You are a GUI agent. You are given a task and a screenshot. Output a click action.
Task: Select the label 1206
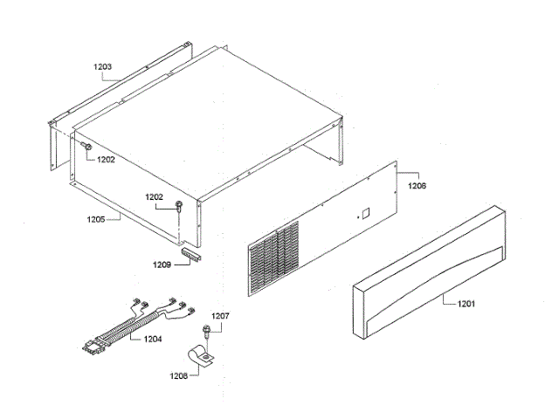[x=418, y=186]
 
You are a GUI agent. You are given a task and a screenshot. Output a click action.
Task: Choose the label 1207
[x=220, y=315]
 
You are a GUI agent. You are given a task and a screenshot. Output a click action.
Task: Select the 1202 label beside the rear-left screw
[x=106, y=160]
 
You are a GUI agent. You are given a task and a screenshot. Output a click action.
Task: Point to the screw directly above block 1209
[x=179, y=206]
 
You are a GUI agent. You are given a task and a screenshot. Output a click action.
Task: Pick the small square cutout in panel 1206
[x=366, y=212]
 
